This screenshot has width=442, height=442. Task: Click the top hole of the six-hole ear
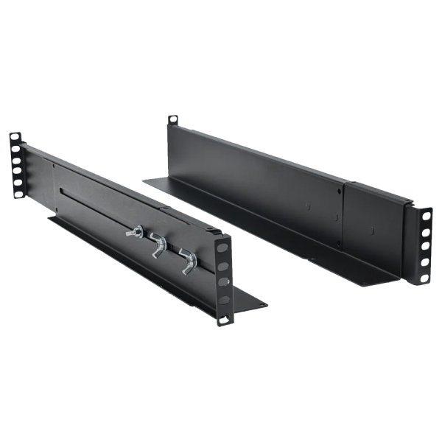tap(14, 138)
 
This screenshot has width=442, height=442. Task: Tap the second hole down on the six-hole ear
tap(14, 150)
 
